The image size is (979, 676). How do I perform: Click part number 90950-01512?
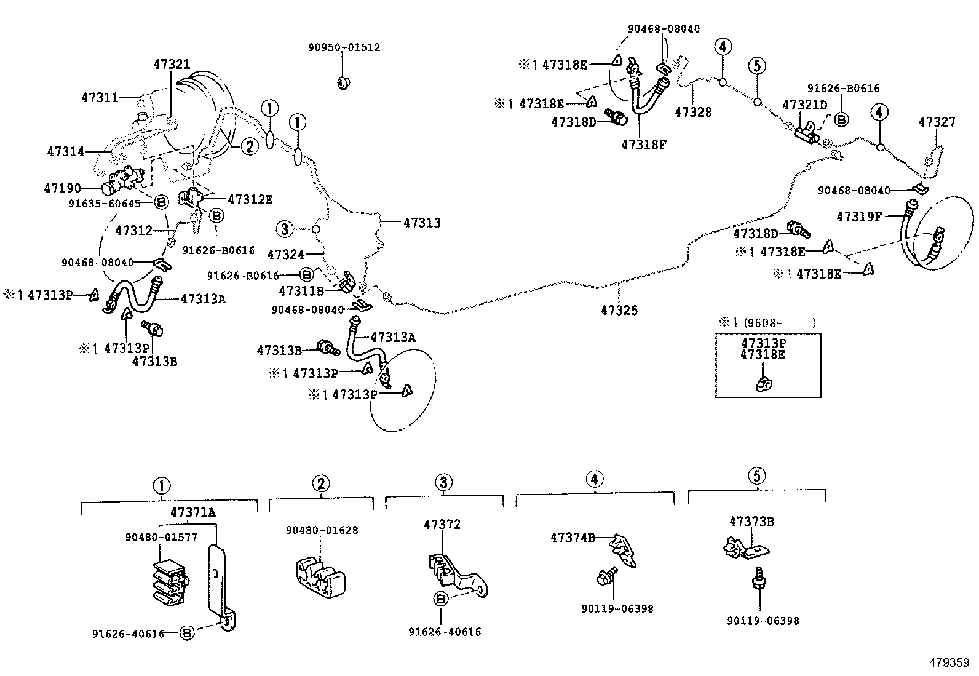(344, 47)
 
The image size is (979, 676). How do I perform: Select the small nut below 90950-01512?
(344, 81)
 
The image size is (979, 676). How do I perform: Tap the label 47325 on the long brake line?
(619, 311)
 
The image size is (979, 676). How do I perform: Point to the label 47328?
(693, 112)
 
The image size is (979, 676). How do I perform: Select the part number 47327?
(937, 122)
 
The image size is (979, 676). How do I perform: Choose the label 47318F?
(644, 145)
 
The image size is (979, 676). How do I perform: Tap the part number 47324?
(286, 253)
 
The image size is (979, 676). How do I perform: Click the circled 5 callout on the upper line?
(757, 65)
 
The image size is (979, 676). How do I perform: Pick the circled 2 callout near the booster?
(249, 146)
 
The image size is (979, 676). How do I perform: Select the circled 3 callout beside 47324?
(285, 229)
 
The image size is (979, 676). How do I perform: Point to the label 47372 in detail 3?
(442, 525)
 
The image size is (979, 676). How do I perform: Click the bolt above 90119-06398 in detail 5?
(758, 581)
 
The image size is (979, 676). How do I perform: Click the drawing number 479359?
(948, 663)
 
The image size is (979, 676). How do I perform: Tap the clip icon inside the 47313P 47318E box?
(764, 384)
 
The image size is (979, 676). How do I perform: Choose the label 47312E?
(250, 199)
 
